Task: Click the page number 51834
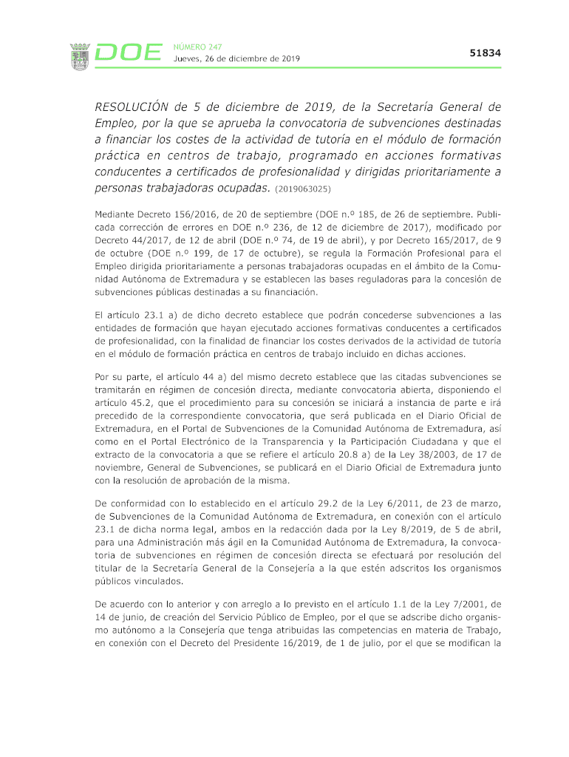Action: pyautogui.click(x=485, y=53)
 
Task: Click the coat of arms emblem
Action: pyautogui.click(x=80, y=56)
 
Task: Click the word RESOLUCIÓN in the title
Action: pyautogui.click(x=137, y=106)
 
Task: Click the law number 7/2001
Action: pyautogui.click(x=458, y=604)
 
